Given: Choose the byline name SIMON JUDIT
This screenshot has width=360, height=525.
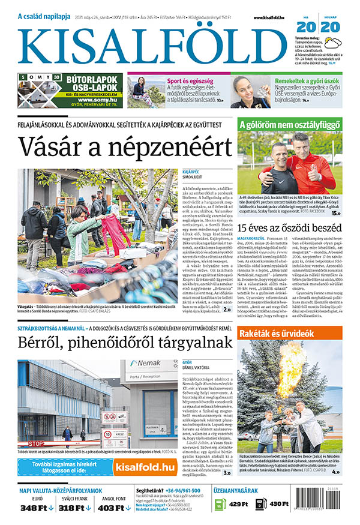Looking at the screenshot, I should pos(194,178).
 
